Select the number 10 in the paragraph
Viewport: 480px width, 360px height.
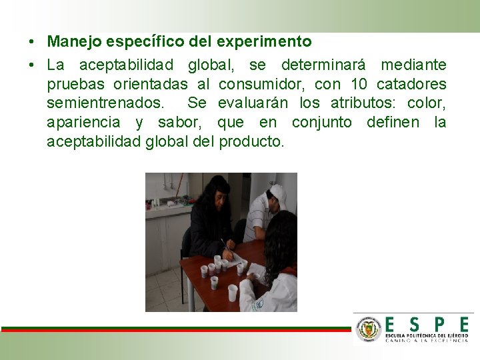360,85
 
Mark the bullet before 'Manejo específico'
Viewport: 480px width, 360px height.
33,42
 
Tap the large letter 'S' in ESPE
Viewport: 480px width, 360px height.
414,325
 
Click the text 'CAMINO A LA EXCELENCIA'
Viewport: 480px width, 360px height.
427,340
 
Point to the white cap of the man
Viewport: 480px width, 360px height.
278,195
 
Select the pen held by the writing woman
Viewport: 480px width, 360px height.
225,245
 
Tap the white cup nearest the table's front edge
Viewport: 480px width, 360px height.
232,293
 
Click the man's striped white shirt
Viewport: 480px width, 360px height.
257,220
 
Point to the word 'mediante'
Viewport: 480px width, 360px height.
413,65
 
